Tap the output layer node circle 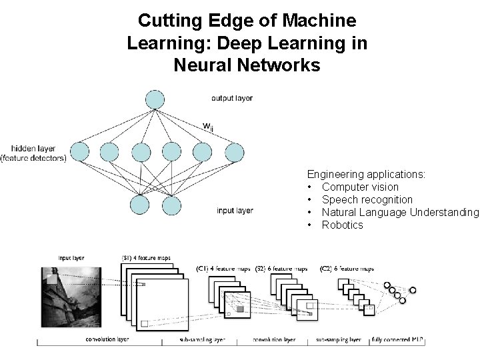(x=155, y=99)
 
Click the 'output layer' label (x=232, y=99)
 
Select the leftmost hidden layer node (x=79, y=152)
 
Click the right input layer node (x=171, y=204)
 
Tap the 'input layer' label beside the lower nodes (x=235, y=211)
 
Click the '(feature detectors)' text (x=33, y=158)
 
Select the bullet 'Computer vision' (x=360, y=187)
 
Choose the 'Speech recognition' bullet (x=367, y=200)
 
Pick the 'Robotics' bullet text (x=342, y=225)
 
